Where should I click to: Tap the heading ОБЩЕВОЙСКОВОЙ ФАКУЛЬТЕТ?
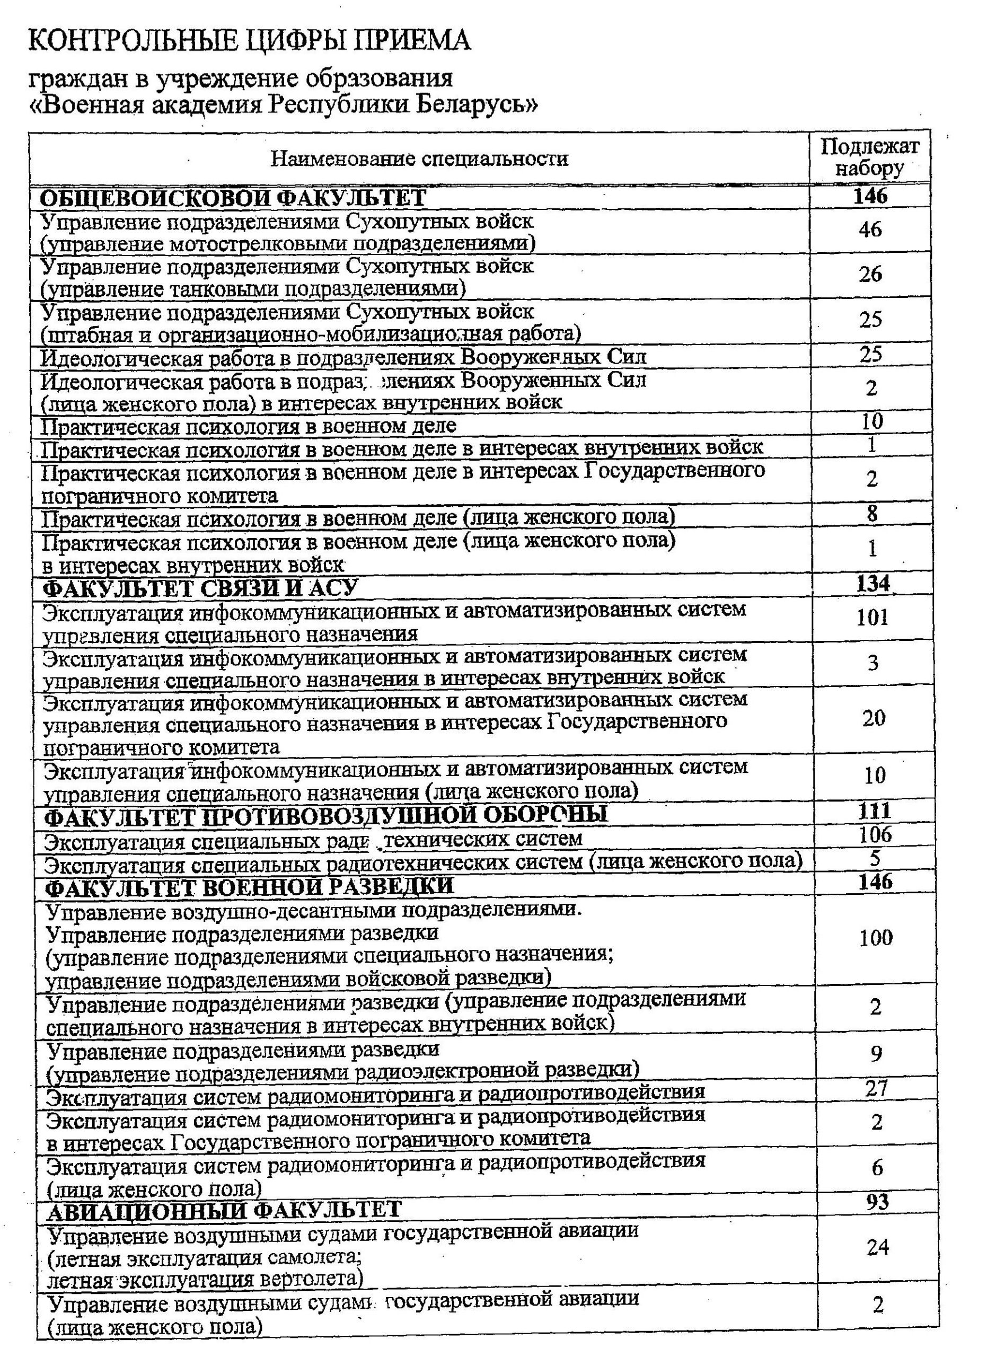pyautogui.click(x=233, y=198)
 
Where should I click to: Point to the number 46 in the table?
pyautogui.click(x=869, y=229)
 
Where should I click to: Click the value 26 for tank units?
pyautogui.click(x=870, y=274)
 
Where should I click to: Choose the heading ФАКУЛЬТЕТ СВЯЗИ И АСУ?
pyautogui.click(x=201, y=588)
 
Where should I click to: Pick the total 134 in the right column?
pyautogui.click(x=872, y=584)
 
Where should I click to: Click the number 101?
pyautogui.click(x=872, y=618)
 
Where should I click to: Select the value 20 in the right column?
pyautogui.click(x=874, y=718)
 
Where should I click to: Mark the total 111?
pyautogui.click(x=874, y=811)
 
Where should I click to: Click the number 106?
pyautogui.click(x=875, y=834)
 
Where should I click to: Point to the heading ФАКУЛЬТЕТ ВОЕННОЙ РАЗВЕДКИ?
pyautogui.click(x=250, y=886)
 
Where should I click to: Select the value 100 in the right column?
pyautogui.click(x=876, y=937)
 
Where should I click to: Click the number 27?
pyautogui.click(x=876, y=1088)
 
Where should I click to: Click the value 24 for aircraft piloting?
pyautogui.click(x=877, y=1247)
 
